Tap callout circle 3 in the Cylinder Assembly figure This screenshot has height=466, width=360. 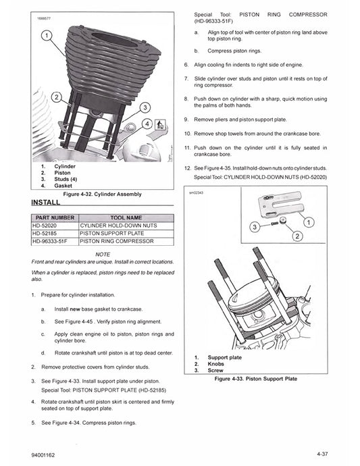coord(144,108)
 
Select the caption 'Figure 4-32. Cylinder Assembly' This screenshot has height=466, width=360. coord(102,194)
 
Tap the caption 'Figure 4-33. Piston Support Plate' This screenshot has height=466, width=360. coord(255,380)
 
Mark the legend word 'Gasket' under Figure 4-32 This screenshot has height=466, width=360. coord(65,184)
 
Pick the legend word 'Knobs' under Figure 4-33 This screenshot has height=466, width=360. coord(217,364)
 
